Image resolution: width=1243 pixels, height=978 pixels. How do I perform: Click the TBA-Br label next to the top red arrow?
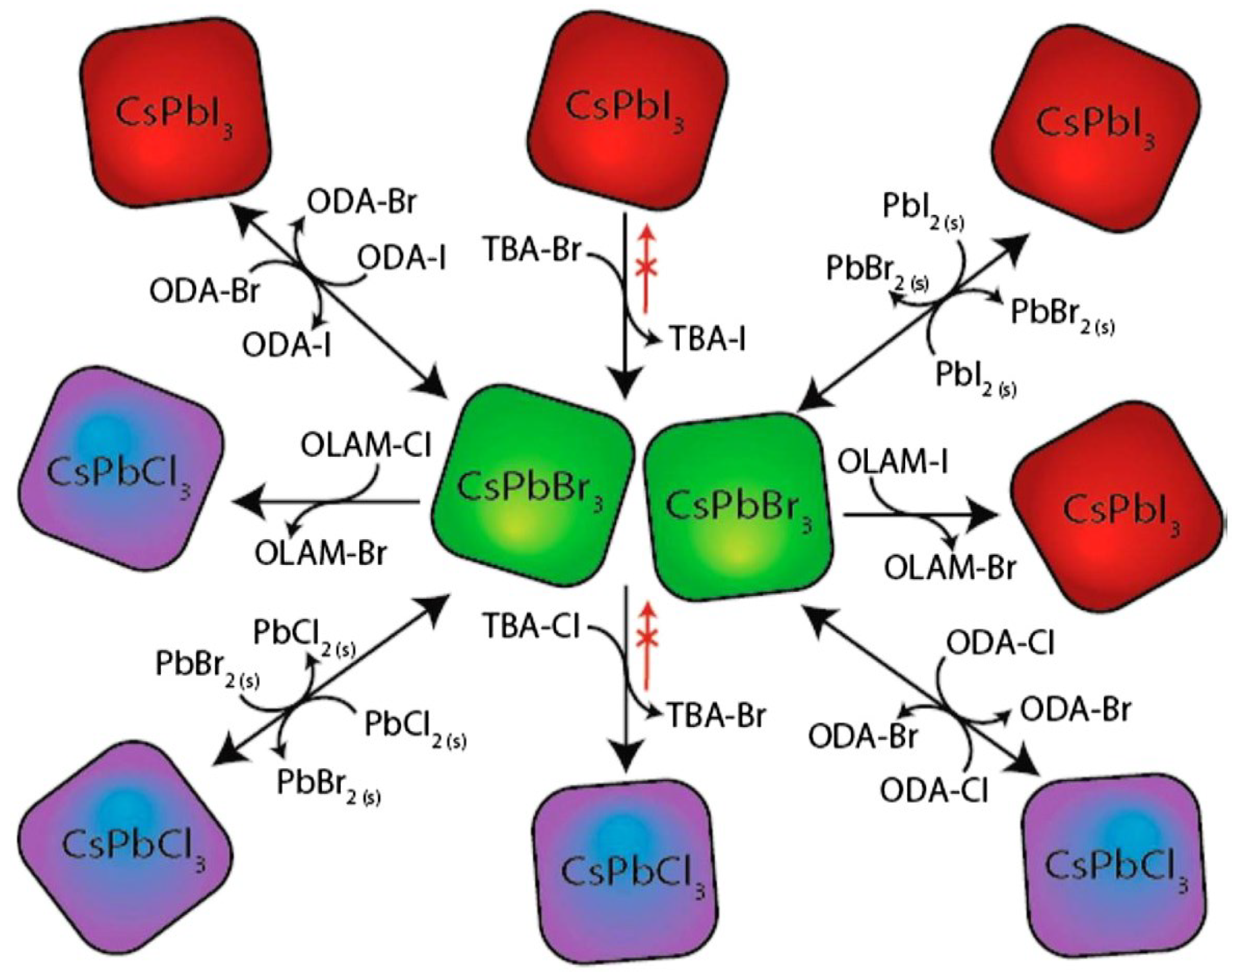[x=533, y=250]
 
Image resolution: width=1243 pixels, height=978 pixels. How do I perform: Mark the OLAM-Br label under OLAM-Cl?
[x=321, y=554]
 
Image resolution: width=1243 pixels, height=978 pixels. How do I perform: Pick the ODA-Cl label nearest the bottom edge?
[x=933, y=791]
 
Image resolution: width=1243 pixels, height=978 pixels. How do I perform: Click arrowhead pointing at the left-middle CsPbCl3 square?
[x=243, y=502]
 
